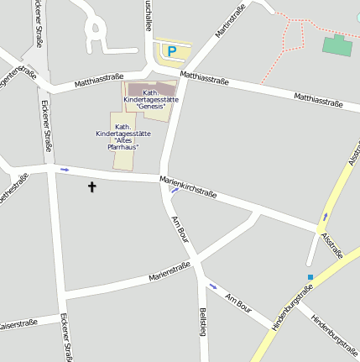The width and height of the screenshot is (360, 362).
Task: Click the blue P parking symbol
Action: (x=172, y=52)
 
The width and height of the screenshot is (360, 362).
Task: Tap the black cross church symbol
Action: (x=91, y=187)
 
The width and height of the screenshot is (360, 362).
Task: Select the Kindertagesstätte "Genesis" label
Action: (x=151, y=100)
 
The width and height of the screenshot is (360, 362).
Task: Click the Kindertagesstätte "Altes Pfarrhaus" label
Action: (x=123, y=136)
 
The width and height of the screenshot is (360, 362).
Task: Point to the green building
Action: (x=337, y=45)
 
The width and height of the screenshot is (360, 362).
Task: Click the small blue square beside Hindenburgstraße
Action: (x=310, y=277)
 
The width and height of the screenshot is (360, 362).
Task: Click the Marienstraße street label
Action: (x=170, y=271)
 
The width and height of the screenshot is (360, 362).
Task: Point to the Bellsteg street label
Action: (x=202, y=323)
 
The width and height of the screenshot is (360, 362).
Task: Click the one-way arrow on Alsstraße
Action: (x=325, y=218)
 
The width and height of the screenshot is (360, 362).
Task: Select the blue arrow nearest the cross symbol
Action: (x=65, y=170)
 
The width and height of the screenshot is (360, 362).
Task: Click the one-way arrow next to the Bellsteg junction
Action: (x=212, y=286)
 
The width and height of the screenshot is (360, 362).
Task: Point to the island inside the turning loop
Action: (x=97, y=33)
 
